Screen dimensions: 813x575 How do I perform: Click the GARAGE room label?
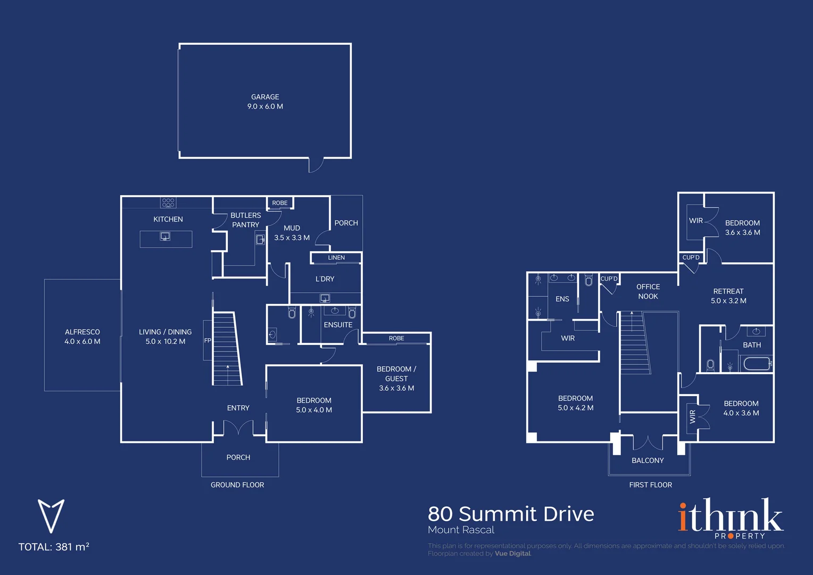coord(265,97)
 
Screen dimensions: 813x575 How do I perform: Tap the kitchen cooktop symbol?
coord(168,202)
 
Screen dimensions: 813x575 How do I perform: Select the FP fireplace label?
coord(208,340)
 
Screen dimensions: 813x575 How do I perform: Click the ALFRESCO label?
coord(82,332)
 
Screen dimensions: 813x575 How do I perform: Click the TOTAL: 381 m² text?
coord(54,547)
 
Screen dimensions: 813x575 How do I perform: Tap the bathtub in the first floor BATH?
coord(758,363)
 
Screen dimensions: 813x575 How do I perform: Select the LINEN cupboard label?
coord(336,258)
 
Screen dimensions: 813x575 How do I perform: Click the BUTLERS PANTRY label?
coord(246,220)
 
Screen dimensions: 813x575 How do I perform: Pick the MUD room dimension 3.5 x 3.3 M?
coord(292,237)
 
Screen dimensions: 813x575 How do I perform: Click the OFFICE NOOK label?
coord(648,291)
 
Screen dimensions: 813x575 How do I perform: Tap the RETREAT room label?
coord(728,291)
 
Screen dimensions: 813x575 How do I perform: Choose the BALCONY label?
coord(648,460)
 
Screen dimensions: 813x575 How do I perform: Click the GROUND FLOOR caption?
coord(237,484)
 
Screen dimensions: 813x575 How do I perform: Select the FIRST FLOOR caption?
coord(650,484)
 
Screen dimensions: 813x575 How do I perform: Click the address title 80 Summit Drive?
coord(511,514)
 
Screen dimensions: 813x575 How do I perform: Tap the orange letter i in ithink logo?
coord(683,516)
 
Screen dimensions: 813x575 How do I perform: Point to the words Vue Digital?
coord(512,554)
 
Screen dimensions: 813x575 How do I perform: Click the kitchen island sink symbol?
coord(165,236)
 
